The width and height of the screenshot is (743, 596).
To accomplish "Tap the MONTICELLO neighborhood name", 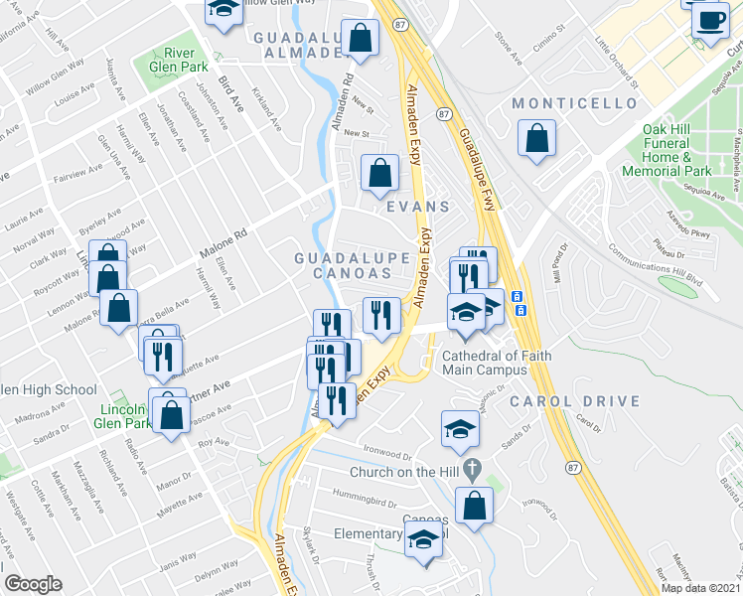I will [573, 103].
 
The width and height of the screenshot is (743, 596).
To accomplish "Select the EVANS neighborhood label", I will [410, 208].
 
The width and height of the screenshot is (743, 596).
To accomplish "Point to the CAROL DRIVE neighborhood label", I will [556, 401].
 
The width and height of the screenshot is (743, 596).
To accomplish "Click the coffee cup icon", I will [709, 20].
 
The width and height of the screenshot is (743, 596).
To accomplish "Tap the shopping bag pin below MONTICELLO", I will [536, 139].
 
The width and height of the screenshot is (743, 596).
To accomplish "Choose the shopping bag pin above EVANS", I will [380, 173].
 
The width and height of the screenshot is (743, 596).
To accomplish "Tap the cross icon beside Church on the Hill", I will [472, 467].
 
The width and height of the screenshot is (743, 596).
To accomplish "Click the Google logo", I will [34, 584].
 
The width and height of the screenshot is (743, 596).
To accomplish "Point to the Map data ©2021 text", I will [701, 588].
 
